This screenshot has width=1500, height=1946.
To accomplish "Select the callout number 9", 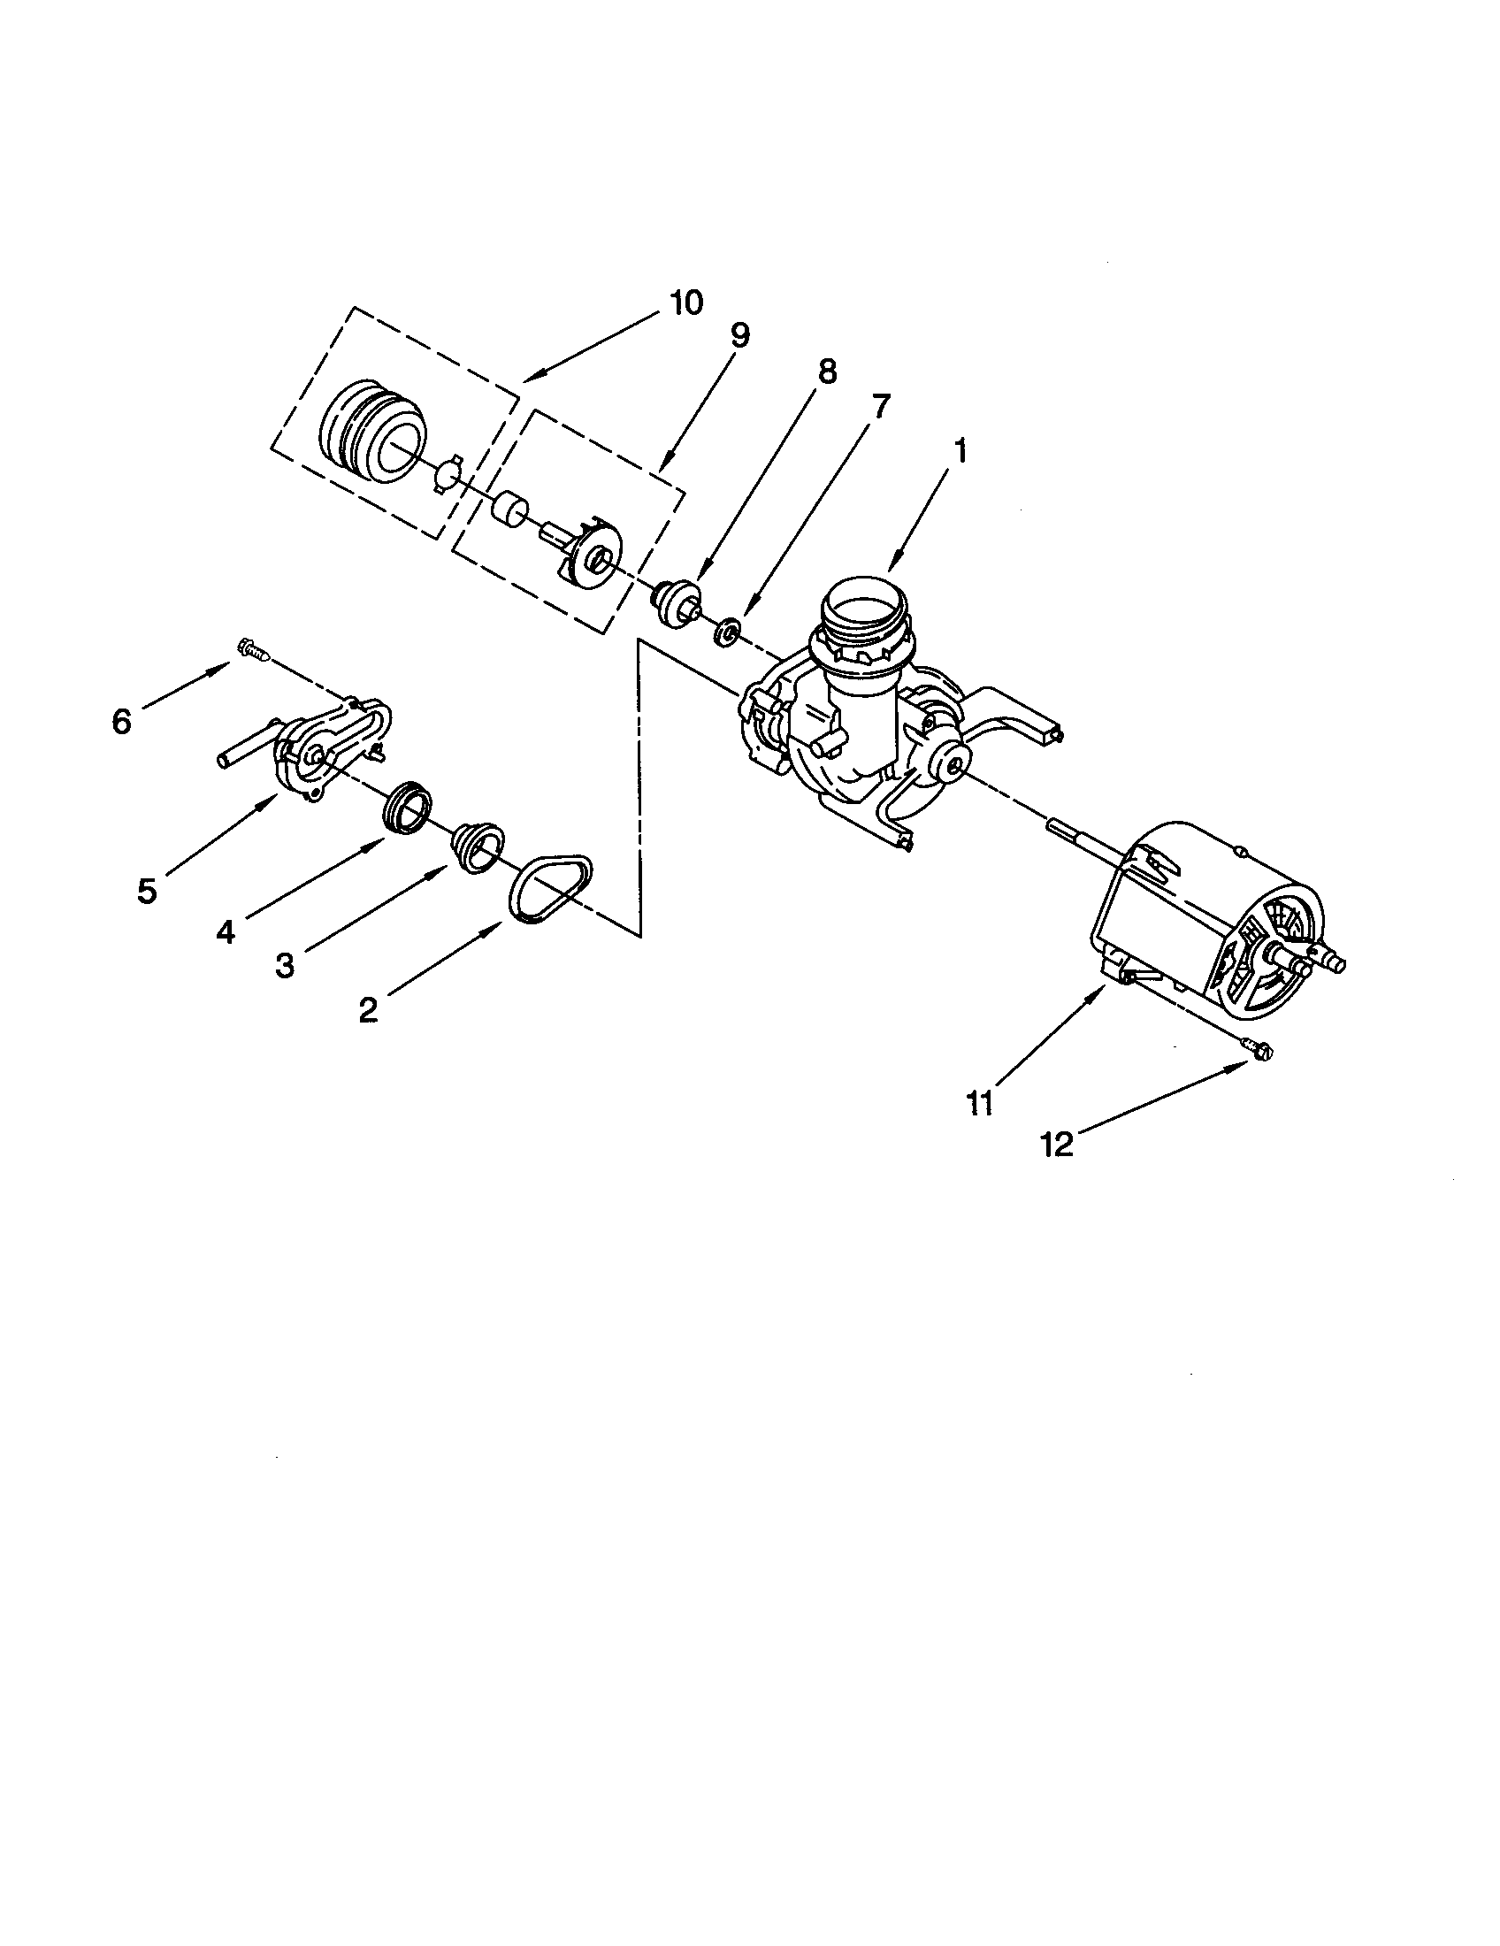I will (739, 335).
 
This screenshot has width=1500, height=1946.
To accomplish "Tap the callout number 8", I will (827, 372).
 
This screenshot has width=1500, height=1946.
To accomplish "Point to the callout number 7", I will (879, 406).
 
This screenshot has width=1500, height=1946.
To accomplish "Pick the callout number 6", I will (122, 721).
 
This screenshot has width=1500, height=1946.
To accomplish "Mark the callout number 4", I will (226, 932).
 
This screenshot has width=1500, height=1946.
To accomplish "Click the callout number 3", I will (284, 965).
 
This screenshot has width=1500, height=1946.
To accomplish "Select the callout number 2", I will (368, 1009).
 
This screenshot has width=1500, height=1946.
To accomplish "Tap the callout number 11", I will (979, 1103).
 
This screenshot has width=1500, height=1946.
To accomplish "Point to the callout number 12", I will (1057, 1145).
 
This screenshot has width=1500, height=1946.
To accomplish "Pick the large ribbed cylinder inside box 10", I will (372, 432).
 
